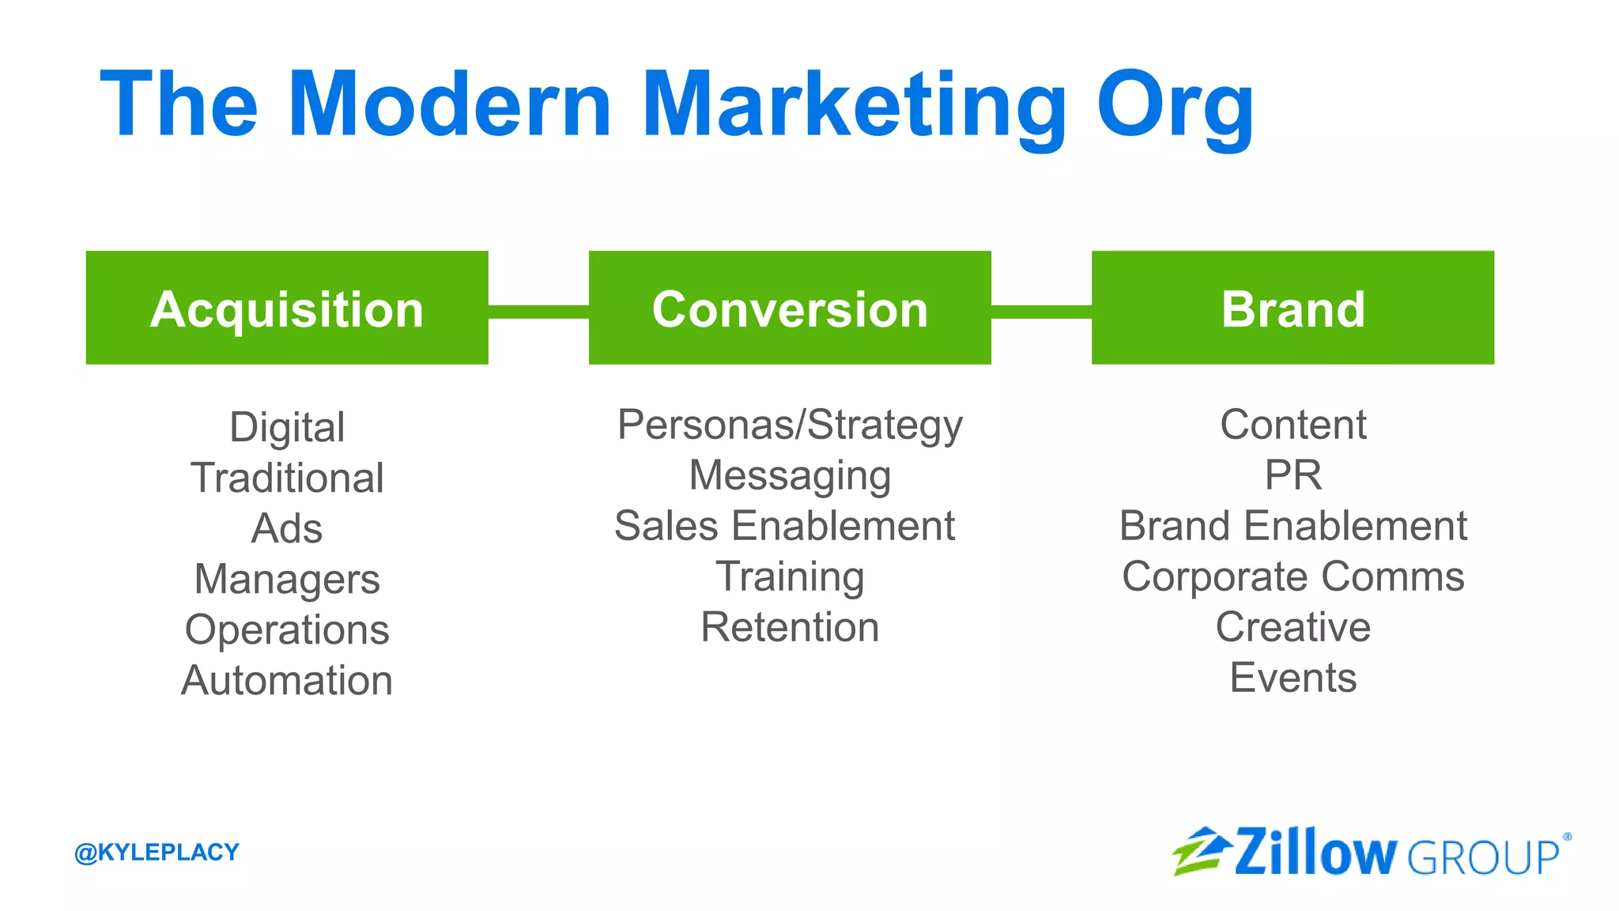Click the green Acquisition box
287,308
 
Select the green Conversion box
790,308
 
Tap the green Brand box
1293,308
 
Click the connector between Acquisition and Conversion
538,312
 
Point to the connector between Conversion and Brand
1041,312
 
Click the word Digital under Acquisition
287,427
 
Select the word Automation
287,680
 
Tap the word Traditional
287,478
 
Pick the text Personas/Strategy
790,425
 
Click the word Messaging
790,475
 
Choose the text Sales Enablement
784,526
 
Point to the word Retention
790,627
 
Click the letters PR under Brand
1293,475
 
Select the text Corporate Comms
1293,576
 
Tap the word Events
1293,678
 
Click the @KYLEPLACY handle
157,852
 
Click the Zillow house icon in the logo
1201,851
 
